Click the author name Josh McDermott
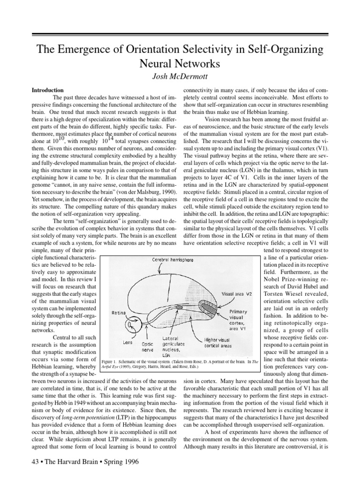tap(180, 75)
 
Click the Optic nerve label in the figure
tap(148, 346)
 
